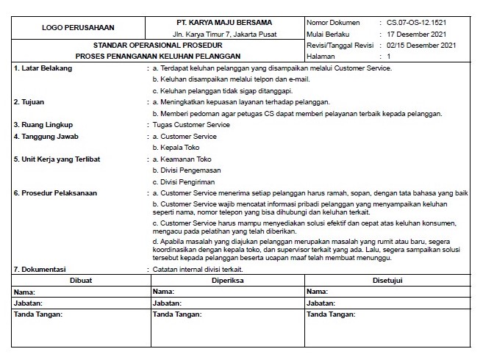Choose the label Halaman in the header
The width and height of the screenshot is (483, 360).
tap(322, 56)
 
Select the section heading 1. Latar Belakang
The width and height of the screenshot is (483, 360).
tap(44, 68)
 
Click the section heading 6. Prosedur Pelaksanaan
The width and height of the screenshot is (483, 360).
tap(56, 193)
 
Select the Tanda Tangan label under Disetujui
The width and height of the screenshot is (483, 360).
tap(331, 314)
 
